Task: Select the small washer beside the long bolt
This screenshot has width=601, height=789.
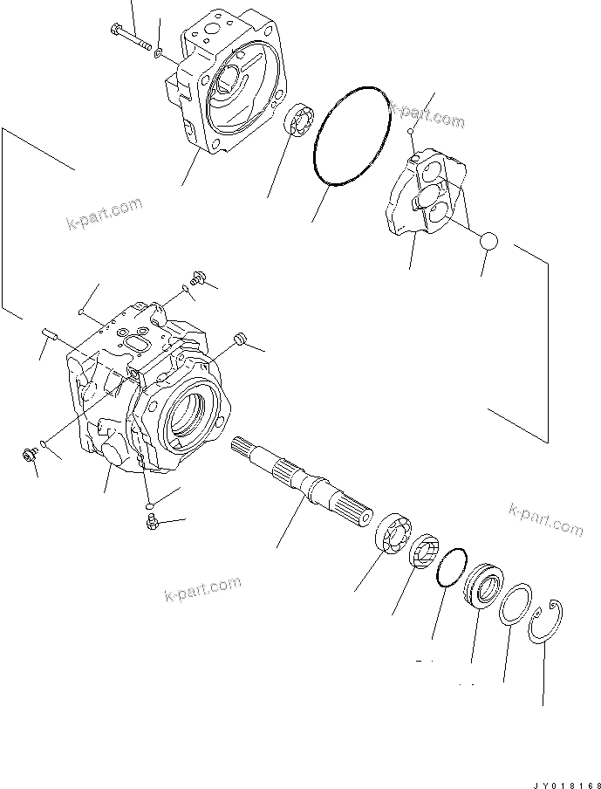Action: tap(156, 52)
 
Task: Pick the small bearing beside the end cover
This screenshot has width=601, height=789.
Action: tap(300, 120)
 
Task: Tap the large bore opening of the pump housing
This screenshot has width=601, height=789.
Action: tap(190, 410)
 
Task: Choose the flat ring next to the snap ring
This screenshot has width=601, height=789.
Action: tap(516, 606)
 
